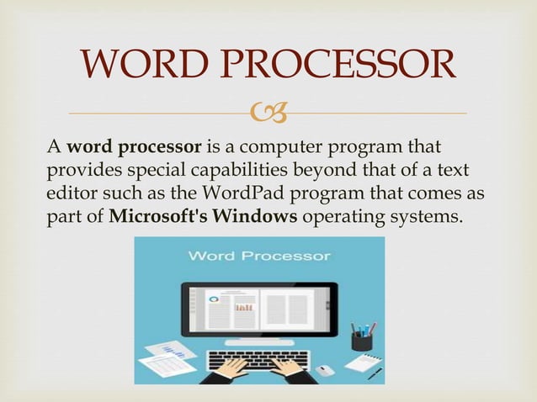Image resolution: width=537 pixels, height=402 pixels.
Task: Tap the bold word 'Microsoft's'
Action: point(159,215)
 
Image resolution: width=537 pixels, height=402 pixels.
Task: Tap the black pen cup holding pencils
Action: point(361,341)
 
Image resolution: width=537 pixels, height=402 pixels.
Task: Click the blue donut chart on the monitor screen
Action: point(214,297)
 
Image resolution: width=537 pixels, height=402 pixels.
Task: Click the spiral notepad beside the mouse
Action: point(362,363)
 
